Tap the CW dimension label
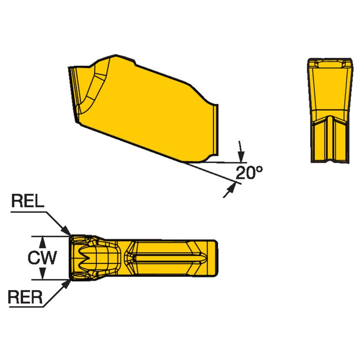click(x=42, y=258)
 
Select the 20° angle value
click(x=249, y=172)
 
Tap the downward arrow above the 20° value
click(x=241, y=156)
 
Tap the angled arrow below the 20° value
click(x=230, y=189)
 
